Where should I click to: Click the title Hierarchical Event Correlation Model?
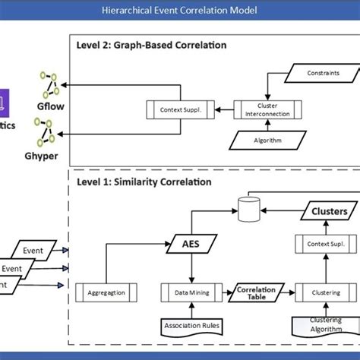click(180, 10)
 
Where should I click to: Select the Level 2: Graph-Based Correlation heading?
click(151, 45)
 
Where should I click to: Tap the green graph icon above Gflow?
click(49, 84)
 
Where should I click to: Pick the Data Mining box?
click(192, 291)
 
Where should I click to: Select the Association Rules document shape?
click(192, 327)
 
